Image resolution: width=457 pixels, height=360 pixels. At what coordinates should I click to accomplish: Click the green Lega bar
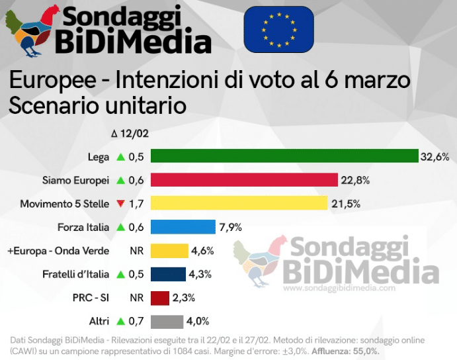point(284,157)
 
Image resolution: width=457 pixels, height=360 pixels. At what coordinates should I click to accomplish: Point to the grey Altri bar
point(167,322)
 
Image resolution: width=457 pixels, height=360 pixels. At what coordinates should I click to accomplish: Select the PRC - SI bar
point(160,298)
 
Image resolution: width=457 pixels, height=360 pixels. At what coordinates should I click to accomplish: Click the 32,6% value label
point(435,157)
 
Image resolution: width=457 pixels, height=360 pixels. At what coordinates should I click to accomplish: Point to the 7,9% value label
point(230,228)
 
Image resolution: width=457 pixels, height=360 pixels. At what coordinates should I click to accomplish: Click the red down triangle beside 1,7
point(120,204)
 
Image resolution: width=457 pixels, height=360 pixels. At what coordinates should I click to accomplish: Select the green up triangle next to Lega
point(120,157)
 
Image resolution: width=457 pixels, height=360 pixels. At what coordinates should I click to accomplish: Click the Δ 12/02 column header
point(130,134)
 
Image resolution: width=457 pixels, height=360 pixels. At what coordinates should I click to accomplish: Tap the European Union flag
point(278,29)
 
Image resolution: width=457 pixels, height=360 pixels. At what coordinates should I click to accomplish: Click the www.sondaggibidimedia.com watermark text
point(339,289)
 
